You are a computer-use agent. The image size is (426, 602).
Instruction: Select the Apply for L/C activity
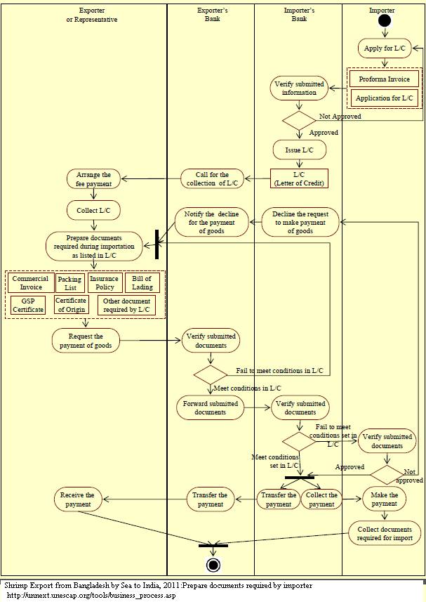coord(384,48)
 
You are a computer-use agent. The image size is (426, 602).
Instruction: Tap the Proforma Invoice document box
coord(384,79)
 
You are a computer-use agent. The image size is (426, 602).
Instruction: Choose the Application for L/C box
coord(384,98)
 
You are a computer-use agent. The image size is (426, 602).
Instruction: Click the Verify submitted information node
coord(299,88)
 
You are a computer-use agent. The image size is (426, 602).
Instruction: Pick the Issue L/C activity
coord(299,150)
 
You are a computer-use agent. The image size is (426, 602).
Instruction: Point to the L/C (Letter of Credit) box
coord(299,178)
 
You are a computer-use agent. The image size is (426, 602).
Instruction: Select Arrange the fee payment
coord(93,178)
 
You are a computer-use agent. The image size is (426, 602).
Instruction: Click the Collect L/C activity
coord(93,210)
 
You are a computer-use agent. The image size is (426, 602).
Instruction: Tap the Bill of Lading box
coord(142,282)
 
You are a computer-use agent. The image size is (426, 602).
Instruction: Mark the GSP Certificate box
coord(28,305)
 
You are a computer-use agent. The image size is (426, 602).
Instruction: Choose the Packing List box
coord(69,283)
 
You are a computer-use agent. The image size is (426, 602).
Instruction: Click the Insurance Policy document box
coord(104,282)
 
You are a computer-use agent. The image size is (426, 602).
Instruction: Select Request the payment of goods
coord(86,340)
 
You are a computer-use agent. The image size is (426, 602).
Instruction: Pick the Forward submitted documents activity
coord(211,408)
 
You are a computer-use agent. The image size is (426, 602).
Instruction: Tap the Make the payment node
coord(384,499)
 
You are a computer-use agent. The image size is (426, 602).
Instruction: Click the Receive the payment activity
coord(77,499)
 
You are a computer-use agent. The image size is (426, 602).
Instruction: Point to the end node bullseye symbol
coord(213,565)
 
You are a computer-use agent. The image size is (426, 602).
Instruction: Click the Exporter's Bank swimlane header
coord(213,15)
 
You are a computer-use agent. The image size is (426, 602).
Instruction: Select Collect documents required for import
coord(384,533)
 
